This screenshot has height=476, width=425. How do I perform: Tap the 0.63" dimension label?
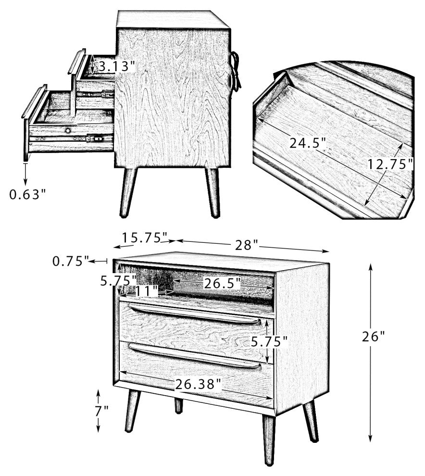[27, 194]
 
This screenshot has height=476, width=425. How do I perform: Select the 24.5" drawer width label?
[308, 143]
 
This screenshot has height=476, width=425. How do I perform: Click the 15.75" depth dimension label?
[145, 238]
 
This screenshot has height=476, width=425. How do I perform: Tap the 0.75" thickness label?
[71, 261]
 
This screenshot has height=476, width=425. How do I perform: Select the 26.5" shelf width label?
[222, 284]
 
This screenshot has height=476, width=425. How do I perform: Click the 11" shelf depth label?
[147, 291]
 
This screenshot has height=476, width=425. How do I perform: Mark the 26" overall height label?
[373, 337]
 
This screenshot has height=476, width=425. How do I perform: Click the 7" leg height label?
[102, 411]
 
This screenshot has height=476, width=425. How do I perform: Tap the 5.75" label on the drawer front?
[269, 342]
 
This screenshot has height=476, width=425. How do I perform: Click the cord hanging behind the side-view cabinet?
[235, 71]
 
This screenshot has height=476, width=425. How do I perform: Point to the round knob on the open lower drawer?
[68, 130]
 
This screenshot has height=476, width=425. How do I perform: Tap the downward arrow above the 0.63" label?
[25, 174]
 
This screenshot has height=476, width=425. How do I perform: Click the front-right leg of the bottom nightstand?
[269, 439]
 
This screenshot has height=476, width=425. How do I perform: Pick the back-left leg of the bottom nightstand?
[178, 406]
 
